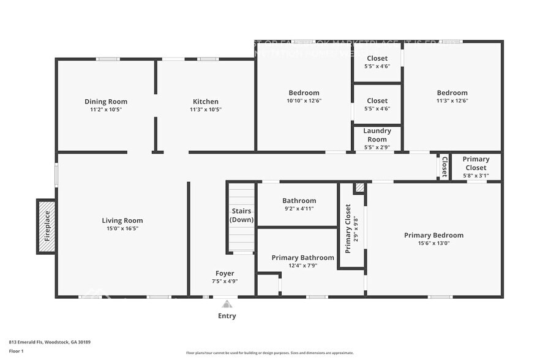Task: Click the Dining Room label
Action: [106, 102]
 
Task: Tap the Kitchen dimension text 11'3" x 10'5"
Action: [205, 110]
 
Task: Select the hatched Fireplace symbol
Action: [47, 227]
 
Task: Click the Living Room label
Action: [122, 220]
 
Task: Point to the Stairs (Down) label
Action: [242, 215]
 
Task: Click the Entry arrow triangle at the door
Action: [227, 304]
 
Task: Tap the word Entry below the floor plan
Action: [227, 316]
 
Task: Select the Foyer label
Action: [225, 273]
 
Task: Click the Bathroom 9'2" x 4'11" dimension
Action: [299, 209]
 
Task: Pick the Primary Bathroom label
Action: [302, 258]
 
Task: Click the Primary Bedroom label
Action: [433, 235]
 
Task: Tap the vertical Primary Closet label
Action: [348, 228]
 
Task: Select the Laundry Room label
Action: [377, 135]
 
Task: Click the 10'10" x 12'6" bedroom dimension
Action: [304, 101]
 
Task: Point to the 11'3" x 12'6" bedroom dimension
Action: [452, 101]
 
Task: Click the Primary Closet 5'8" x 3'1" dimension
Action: [476, 176]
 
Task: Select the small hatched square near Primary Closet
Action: [360, 188]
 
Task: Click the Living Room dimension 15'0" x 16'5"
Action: [122, 228]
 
